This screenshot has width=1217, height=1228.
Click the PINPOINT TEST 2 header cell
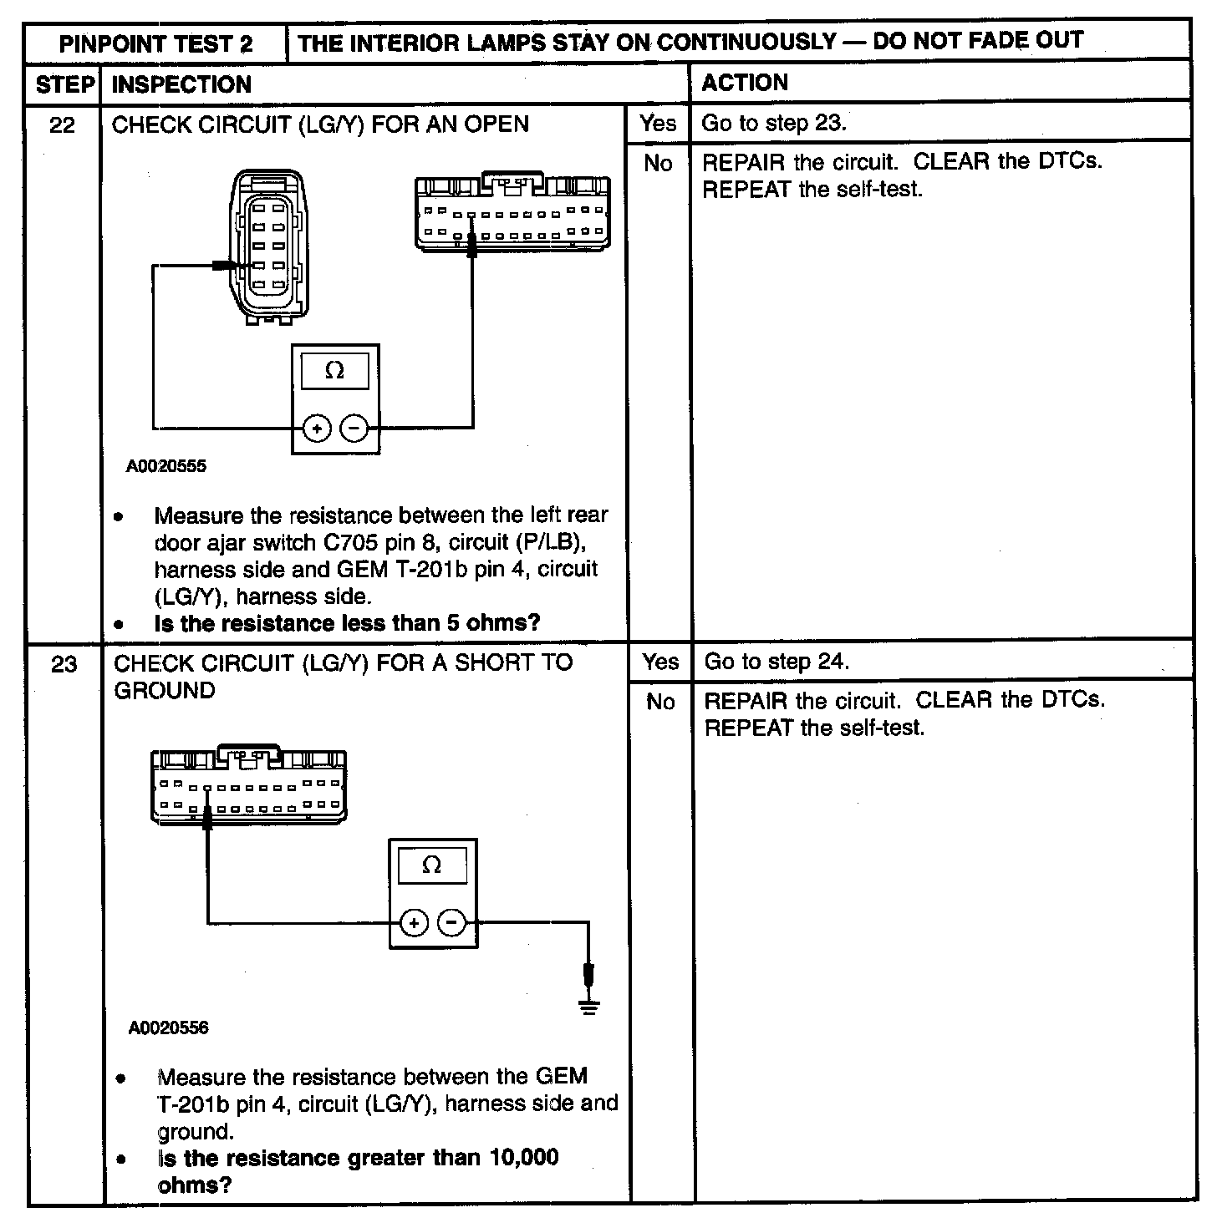[x=155, y=43]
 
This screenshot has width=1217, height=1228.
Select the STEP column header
[x=64, y=84]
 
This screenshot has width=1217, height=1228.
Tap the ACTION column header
[x=744, y=83]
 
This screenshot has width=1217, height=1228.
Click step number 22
[x=63, y=125]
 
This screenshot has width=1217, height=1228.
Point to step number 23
[x=64, y=665]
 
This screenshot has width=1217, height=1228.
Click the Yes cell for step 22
[x=658, y=124]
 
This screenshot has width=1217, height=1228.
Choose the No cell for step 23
[x=660, y=702]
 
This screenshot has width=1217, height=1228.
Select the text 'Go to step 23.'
[x=773, y=124]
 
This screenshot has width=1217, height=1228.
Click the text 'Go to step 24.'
[x=777, y=662]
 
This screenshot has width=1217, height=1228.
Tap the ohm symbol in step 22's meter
[x=334, y=370]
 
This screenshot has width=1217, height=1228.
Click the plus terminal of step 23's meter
[x=413, y=923]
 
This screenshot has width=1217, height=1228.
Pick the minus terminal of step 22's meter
[x=354, y=429]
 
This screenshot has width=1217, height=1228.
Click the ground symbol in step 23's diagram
[x=589, y=1006]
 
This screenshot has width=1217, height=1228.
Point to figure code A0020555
[x=166, y=466]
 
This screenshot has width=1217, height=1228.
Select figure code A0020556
[x=168, y=1028]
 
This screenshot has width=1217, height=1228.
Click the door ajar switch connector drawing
[x=268, y=246]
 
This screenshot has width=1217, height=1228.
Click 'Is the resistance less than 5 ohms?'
[x=347, y=623]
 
